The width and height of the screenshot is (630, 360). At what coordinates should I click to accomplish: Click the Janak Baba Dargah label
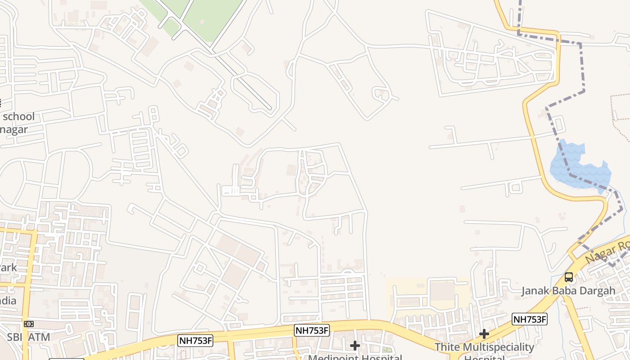point(568,291)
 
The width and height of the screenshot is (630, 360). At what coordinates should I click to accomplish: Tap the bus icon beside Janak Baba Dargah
point(569,277)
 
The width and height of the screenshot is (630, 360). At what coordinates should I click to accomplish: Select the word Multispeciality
point(499,347)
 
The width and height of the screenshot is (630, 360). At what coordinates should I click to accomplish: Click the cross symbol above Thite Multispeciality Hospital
point(484,334)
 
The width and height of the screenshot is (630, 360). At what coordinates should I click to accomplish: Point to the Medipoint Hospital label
point(355,357)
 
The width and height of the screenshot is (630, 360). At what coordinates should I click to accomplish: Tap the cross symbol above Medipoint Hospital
point(355,346)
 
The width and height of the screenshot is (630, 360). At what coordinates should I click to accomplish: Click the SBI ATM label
point(28,337)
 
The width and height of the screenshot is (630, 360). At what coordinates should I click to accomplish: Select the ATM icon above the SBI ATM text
point(28,324)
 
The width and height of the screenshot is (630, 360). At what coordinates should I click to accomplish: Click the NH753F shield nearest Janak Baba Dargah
point(530,319)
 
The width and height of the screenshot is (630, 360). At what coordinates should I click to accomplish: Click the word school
point(18,117)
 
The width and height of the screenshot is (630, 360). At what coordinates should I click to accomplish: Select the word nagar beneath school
point(14,130)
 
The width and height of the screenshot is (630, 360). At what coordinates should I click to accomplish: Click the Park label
point(8,268)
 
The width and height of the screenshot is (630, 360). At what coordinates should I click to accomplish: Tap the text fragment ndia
point(8,301)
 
